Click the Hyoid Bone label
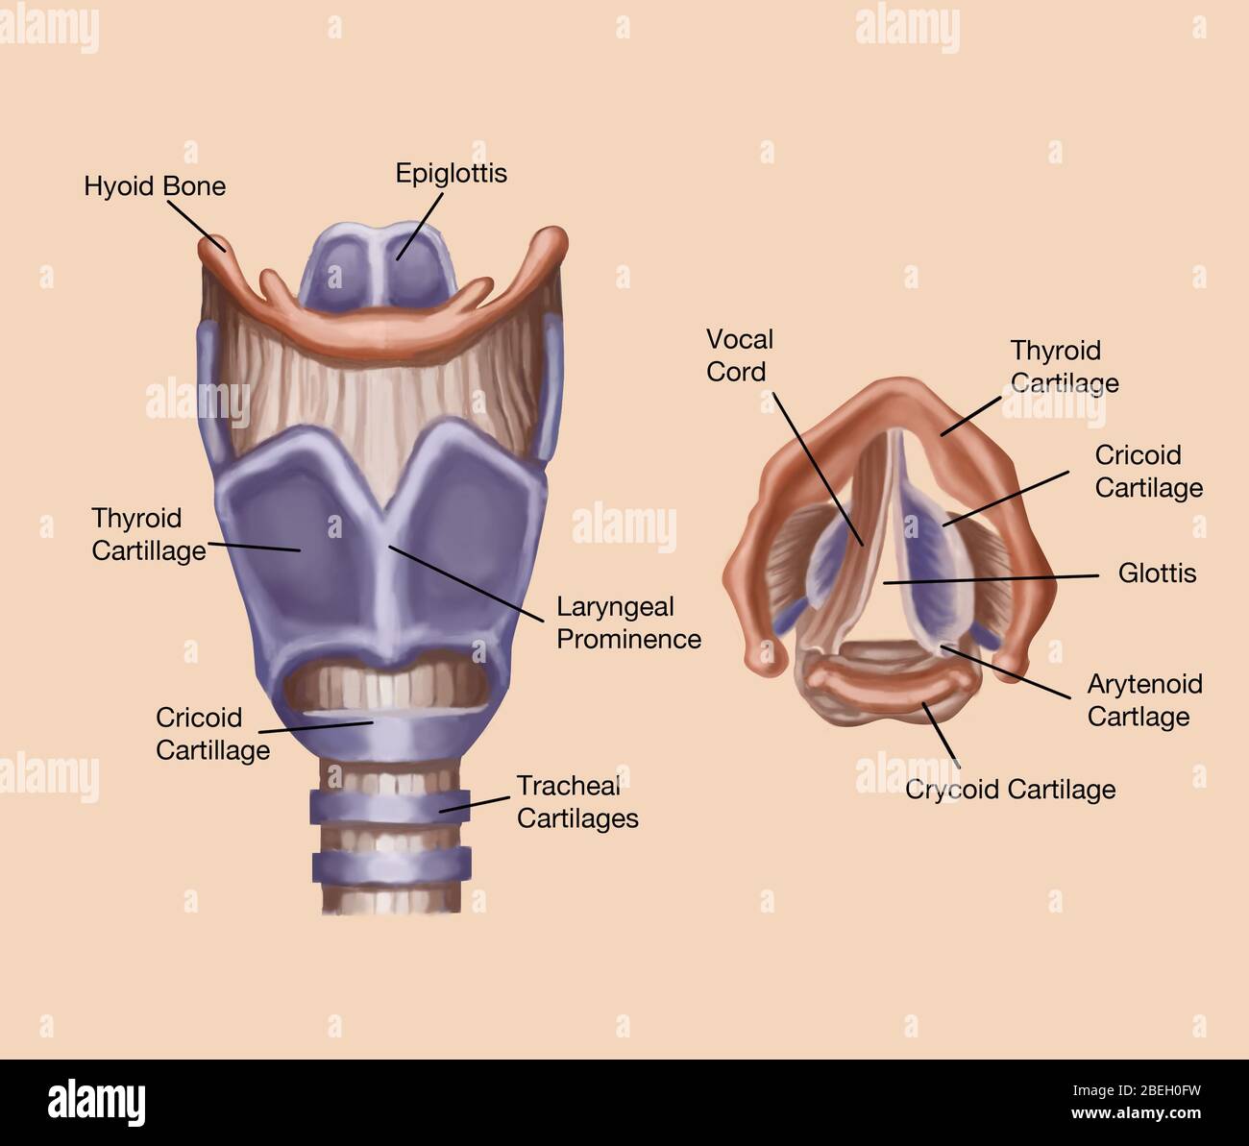155,185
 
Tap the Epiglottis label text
451,173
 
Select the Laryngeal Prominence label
628,622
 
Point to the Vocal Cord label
739,355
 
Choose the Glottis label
1157,573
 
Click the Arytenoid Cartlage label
1144,700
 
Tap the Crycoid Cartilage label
1011,790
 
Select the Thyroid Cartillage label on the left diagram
148,534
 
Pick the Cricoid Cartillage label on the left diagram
212,734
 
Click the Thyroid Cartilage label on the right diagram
1064,366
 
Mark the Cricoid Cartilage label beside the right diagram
1148,471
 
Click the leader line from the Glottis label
990,578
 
